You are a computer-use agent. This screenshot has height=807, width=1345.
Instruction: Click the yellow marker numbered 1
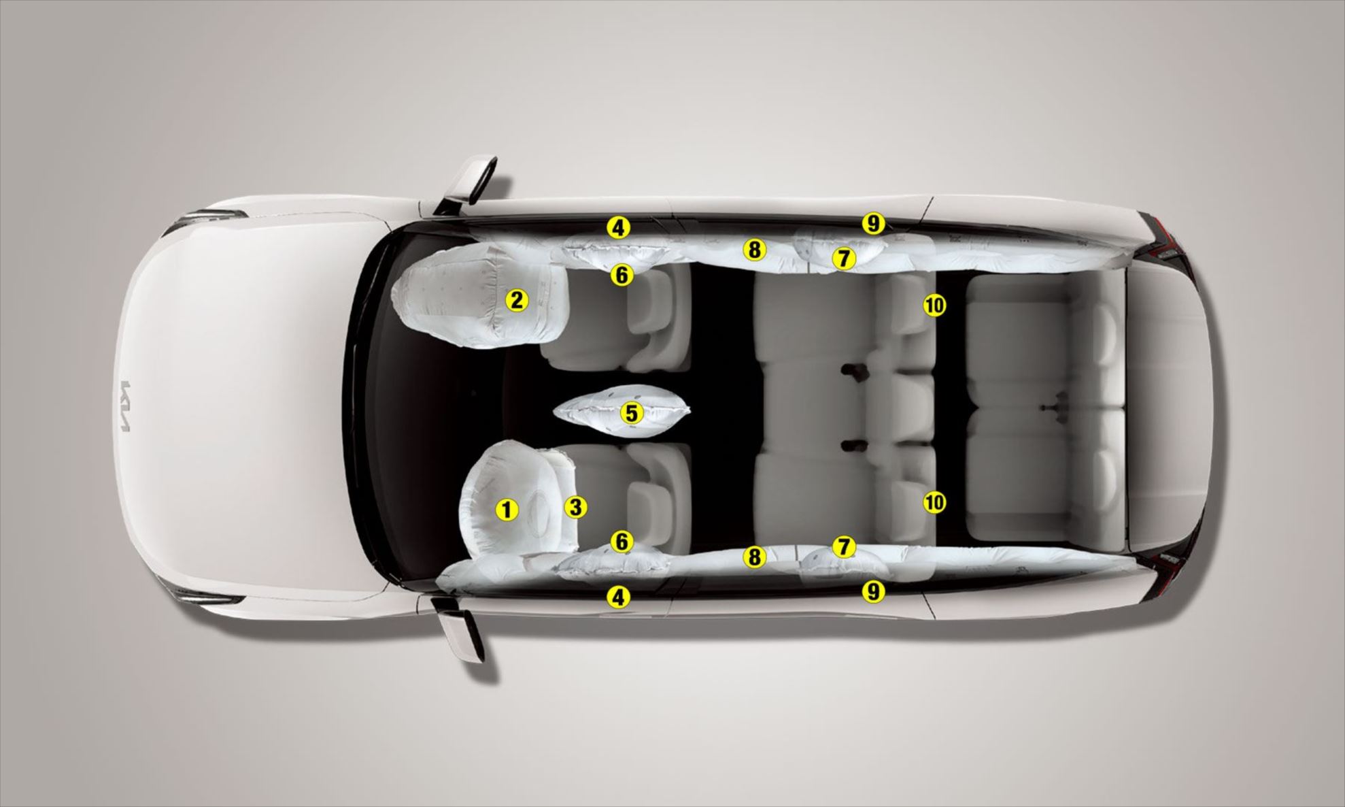[506, 509]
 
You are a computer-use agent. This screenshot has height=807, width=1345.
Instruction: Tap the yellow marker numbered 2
[517, 300]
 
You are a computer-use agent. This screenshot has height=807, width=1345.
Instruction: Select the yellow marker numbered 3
[575, 507]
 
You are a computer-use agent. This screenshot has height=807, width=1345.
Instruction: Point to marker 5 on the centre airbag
[632, 413]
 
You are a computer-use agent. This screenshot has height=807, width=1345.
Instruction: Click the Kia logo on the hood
[125, 406]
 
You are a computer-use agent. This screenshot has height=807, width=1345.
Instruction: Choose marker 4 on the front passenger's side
[618, 227]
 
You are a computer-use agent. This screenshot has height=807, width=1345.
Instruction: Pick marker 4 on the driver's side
[618, 597]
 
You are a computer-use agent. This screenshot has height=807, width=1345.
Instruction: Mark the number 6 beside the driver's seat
[622, 542]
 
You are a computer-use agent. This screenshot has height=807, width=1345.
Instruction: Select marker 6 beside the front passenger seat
[622, 275]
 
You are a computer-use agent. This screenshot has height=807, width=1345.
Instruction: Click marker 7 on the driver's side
[844, 546]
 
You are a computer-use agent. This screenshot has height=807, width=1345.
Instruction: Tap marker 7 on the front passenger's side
[843, 258]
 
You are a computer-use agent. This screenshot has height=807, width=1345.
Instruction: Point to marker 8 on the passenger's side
[753, 250]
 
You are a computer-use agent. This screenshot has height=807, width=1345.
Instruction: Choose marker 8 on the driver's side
[753, 557]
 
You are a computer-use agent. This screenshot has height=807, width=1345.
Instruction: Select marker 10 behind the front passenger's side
[935, 306]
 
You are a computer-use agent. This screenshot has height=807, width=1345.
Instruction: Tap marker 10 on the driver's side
[935, 503]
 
